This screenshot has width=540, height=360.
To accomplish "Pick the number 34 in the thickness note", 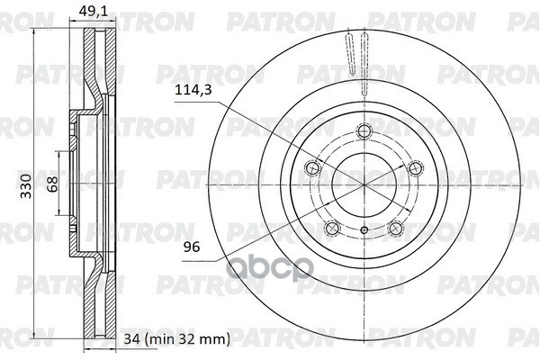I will tap(131, 339).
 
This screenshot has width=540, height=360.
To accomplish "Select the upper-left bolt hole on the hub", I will tap(312, 166).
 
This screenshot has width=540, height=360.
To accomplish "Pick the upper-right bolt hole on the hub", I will tap(415, 166).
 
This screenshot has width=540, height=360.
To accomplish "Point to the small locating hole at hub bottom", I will tap(364, 231).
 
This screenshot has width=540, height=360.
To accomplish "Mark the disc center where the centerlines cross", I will tap(364, 184).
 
